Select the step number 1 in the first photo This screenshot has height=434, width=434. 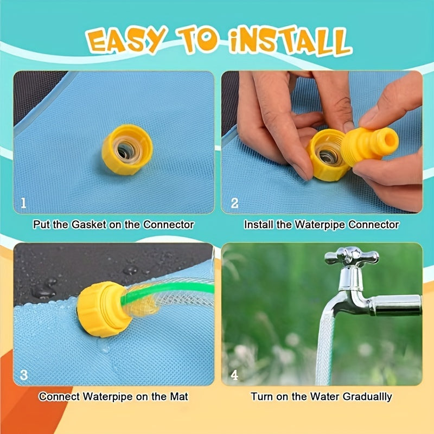23,203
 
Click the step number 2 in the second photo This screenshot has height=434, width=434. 234,203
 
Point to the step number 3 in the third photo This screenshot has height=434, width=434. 23,375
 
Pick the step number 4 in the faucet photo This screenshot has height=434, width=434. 234,375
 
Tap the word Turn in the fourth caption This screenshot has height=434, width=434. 260,397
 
